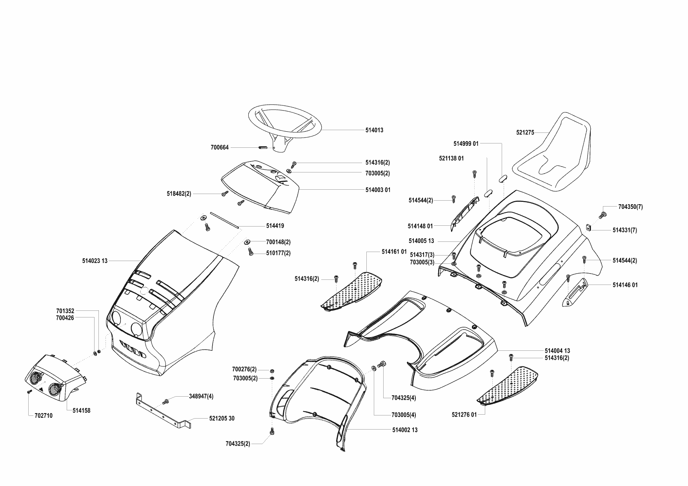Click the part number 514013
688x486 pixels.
pyautogui.click(x=374, y=130)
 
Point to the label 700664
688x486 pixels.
pyautogui.click(x=219, y=148)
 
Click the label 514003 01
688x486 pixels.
pyautogui.click(x=378, y=190)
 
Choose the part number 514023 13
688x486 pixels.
pyautogui.click(x=95, y=260)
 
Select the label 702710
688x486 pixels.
pyautogui.click(x=40, y=415)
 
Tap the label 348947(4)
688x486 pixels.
pyautogui.click(x=201, y=396)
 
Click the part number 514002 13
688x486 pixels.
pyautogui.click(x=405, y=430)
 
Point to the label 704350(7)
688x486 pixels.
pyautogui.click(x=630, y=207)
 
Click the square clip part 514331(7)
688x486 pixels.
pyautogui.click(x=589, y=227)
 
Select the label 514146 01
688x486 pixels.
pyautogui.click(x=625, y=285)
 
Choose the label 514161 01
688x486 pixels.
pyautogui.click(x=394, y=252)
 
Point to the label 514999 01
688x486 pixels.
pyautogui.click(x=466, y=144)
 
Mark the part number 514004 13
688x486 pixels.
pyautogui.click(x=557, y=351)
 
